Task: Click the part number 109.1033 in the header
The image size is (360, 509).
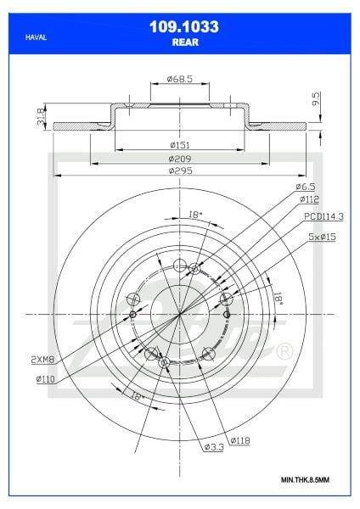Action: point(184,26)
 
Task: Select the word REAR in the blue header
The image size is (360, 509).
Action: point(185,42)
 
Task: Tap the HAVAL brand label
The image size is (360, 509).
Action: point(36,37)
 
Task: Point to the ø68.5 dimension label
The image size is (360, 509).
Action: point(180,79)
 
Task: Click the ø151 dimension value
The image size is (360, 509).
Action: point(180,145)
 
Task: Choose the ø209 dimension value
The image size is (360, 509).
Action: point(180,159)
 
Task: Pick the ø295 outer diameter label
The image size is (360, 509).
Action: point(180,171)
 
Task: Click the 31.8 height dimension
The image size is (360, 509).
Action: point(41,116)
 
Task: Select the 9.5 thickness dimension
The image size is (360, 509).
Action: point(316,98)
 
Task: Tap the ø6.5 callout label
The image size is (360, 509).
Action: point(306,187)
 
